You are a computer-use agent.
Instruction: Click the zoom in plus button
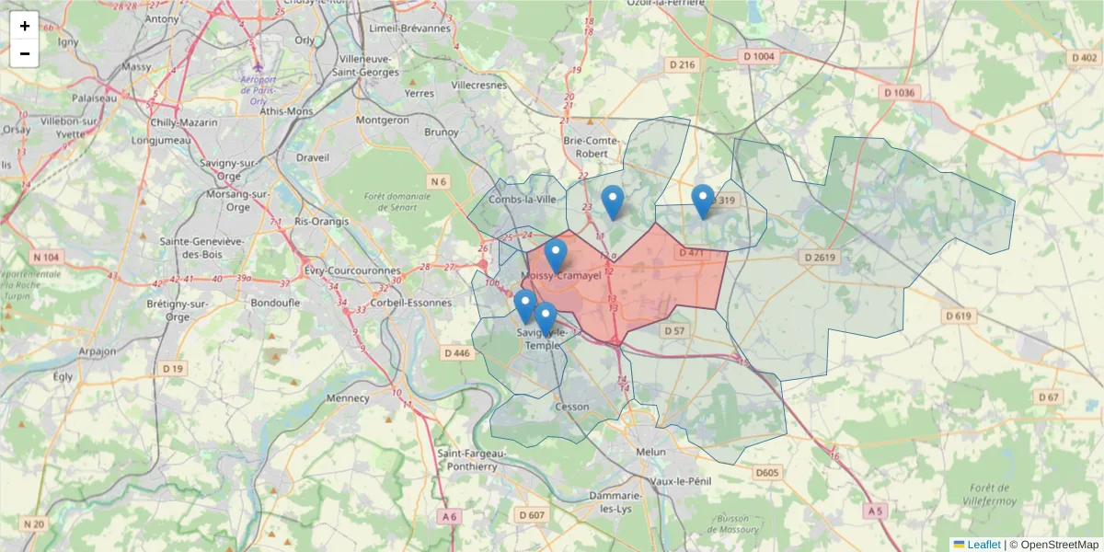pyautogui.click(x=24, y=26)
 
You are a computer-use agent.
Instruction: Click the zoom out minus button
pyautogui.click(x=24, y=53)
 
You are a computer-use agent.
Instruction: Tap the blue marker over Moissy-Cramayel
pyautogui.click(x=555, y=255)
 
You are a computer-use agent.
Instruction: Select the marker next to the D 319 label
pyautogui.click(x=703, y=201)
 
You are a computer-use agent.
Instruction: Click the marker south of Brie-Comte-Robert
pyautogui.click(x=612, y=201)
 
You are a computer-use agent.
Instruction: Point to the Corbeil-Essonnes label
pyautogui.click(x=411, y=302)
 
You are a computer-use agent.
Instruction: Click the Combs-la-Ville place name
pyautogui.click(x=523, y=200)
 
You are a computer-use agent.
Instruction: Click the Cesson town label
pyautogui.click(x=572, y=406)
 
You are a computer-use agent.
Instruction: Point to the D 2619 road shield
pyautogui.click(x=818, y=258)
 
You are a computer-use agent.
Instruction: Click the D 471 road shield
pyautogui.click(x=690, y=252)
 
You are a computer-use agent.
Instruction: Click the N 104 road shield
pyautogui.click(x=45, y=257)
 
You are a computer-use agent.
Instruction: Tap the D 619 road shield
pyautogui.click(x=958, y=316)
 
